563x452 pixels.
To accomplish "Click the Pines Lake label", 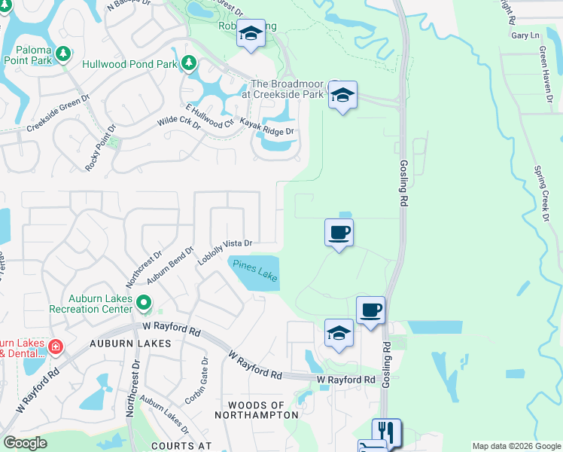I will (x=254, y=271).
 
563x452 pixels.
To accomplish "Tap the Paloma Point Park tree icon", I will (x=64, y=53).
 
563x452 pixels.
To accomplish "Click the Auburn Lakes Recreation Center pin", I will (x=145, y=304).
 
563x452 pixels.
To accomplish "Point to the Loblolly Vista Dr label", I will (x=224, y=252).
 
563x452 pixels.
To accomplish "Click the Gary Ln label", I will (x=525, y=35).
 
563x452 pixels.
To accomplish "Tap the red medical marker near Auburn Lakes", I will (x=55, y=347).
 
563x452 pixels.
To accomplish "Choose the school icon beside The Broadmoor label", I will (x=342, y=95).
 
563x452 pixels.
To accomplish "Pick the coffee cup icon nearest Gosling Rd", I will (x=370, y=310).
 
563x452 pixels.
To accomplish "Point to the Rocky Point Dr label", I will (x=101, y=146).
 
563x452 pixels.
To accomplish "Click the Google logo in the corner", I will (x=25, y=443).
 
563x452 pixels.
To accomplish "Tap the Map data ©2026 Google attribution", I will (x=516, y=446).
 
